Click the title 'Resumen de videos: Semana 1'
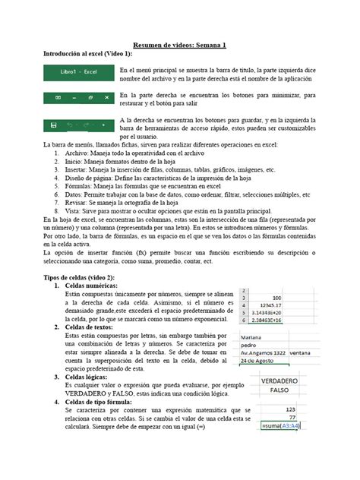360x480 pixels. pos(179,46)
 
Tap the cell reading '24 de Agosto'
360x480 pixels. pos(261,361)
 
